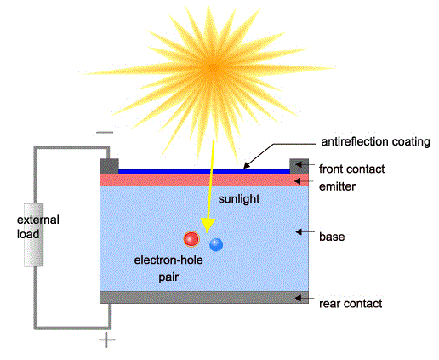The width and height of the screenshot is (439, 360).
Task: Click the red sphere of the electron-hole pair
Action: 191,239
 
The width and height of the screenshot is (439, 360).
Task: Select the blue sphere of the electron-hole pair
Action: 216,245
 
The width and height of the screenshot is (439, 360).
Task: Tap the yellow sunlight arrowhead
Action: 208,226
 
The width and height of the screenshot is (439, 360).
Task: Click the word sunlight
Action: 239,199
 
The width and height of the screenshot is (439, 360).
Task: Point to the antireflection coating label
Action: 375,141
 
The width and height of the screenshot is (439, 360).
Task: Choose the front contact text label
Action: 351,169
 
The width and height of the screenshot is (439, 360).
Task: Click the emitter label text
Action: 337,186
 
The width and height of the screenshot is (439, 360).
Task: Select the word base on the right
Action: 332,237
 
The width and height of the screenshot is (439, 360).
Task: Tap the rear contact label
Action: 351,304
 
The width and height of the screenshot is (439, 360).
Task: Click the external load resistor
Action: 34,235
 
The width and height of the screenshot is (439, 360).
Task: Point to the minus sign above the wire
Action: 105,132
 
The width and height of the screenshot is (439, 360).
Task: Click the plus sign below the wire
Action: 107,340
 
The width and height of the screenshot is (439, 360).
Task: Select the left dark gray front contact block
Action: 109,167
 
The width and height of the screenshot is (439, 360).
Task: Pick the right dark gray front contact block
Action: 299,167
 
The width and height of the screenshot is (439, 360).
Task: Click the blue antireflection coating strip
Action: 204,172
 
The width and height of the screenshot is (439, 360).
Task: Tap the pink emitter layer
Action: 204,180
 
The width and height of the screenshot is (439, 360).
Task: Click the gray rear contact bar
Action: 204,298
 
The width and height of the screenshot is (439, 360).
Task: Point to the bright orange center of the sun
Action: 214,68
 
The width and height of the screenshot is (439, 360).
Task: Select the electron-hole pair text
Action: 168,268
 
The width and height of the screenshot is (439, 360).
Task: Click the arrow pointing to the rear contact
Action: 305,298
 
